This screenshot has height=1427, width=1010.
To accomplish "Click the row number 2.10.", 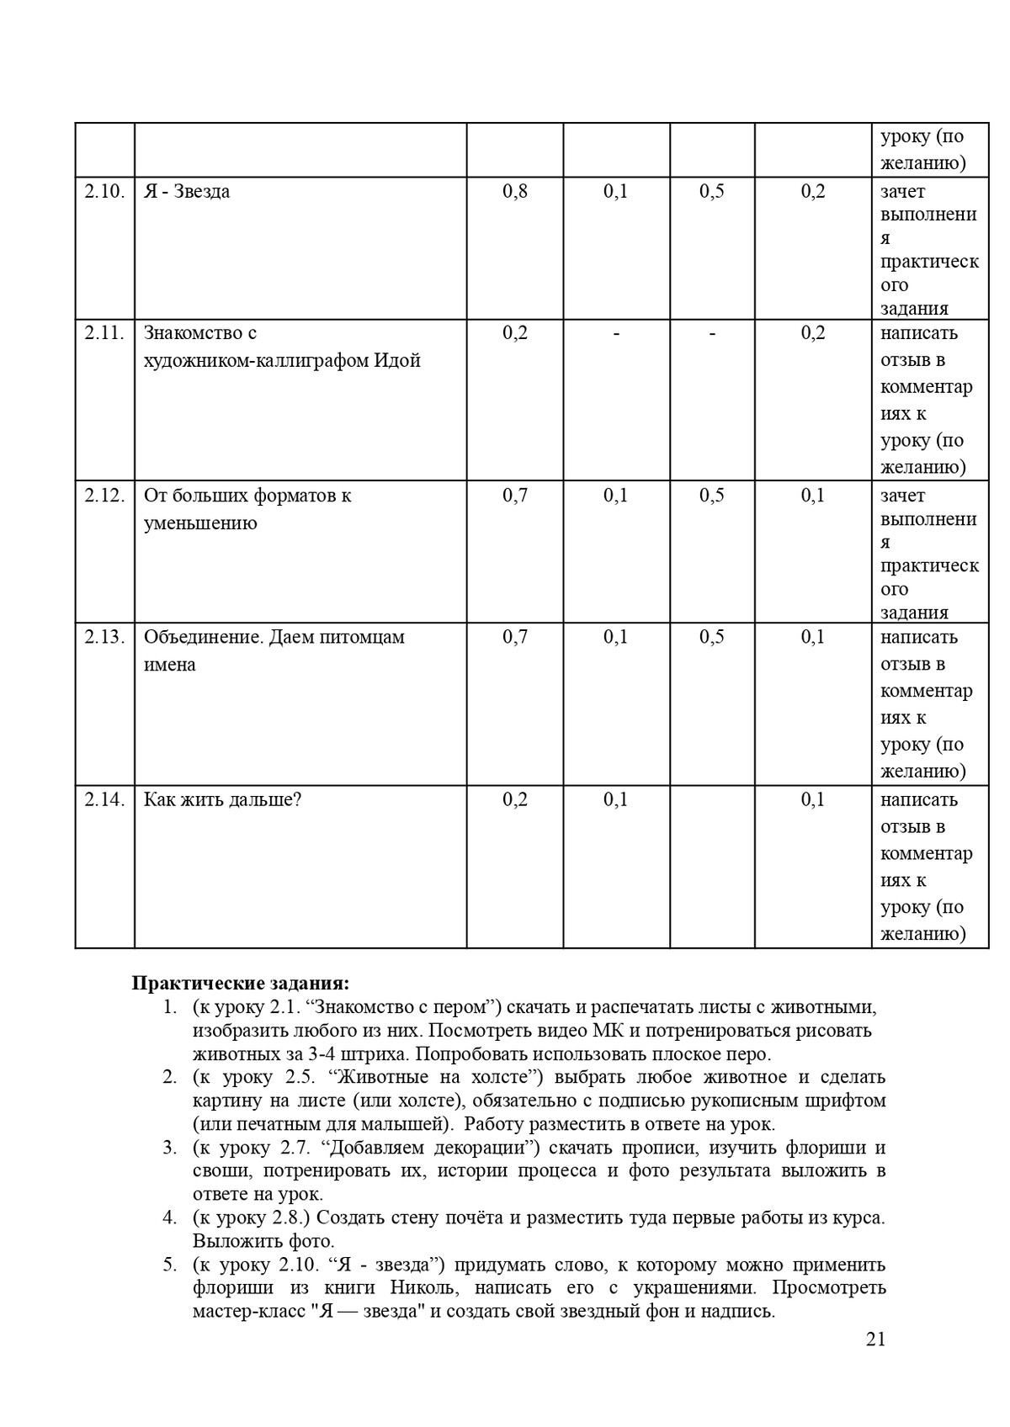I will (104, 192).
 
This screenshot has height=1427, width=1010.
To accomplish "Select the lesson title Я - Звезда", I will (187, 192).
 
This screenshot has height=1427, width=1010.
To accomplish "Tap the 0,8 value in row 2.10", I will (515, 192).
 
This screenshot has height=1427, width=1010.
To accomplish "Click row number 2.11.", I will (104, 333).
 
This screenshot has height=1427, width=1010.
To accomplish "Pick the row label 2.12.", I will (104, 496).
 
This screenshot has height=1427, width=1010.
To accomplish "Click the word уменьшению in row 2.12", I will (200, 523).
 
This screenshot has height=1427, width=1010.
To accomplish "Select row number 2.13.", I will (104, 637).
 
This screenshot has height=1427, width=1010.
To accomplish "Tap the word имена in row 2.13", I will (170, 665).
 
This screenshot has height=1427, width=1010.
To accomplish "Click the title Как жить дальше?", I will (222, 799).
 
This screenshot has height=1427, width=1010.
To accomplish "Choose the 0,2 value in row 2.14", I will (515, 799).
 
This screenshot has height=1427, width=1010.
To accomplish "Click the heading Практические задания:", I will (241, 984).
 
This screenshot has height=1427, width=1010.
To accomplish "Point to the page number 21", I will (875, 1340).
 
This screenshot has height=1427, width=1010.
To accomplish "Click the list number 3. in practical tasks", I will (170, 1148).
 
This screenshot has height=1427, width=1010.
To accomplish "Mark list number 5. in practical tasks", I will (170, 1265).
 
